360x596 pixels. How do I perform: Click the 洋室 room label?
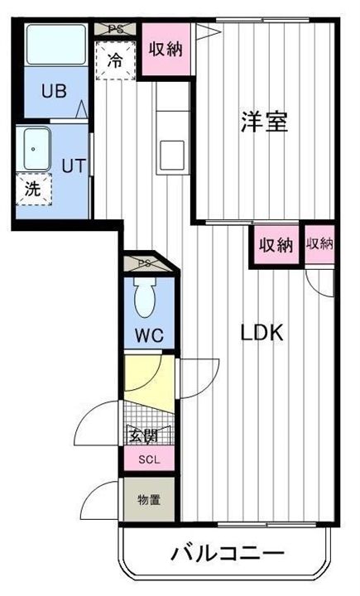click(265, 123)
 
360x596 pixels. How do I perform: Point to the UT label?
click(73, 165)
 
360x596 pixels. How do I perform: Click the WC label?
click(149, 335)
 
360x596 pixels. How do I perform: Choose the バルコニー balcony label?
click(228, 553)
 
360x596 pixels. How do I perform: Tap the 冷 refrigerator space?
click(116, 60)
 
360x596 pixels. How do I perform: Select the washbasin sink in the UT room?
click(35, 149)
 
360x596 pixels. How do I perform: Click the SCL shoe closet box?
click(149, 460)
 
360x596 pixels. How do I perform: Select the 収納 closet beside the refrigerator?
click(166, 48)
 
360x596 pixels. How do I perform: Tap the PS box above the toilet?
click(146, 263)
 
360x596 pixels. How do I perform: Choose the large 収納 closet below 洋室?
click(276, 245)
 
